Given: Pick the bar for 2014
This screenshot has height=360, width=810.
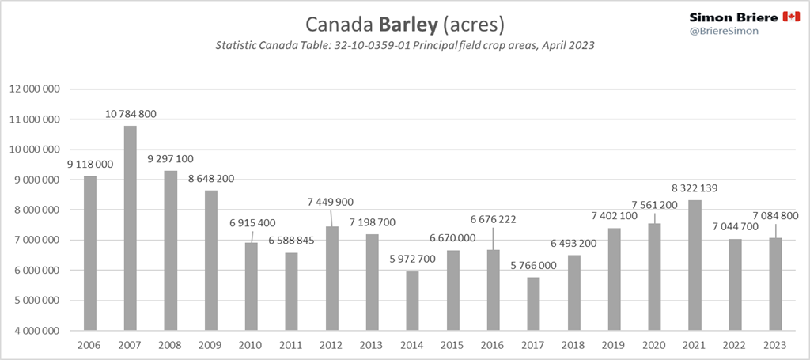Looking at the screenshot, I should pyautogui.click(x=413, y=301).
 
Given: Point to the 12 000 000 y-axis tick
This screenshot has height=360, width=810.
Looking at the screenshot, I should pyautogui.click(x=35, y=89).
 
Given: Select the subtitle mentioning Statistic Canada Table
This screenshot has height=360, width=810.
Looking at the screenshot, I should pyautogui.click(x=404, y=46).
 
